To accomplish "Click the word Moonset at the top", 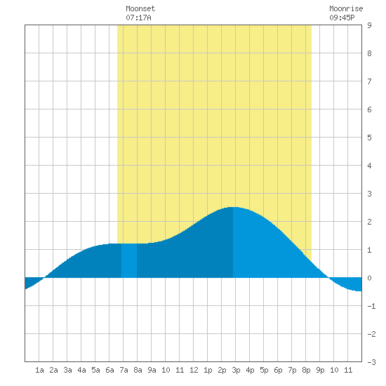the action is (x=140, y=8).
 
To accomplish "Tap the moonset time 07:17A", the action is (x=138, y=18).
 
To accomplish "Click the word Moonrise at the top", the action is (x=346, y=8).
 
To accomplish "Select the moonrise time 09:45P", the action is (x=342, y=18).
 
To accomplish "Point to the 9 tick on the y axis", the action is (x=369, y=25).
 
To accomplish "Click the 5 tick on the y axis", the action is (x=369, y=138).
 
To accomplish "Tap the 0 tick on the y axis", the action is (x=369, y=278).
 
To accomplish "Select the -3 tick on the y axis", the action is (x=371, y=362).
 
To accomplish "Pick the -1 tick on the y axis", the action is (x=371, y=306).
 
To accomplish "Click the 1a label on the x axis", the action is (x=39, y=370).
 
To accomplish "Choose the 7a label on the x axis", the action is (x=124, y=370).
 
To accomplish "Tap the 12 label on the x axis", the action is (x=194, y=370).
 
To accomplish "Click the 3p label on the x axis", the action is (x=236, y=370).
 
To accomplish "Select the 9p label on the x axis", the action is (x=320, y=370).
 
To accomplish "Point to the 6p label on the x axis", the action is (x=278, y=370).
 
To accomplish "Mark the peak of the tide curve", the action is (x=232, y=207).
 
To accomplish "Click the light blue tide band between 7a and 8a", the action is (x=129, y=260).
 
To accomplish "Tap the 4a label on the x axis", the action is (x=81, y=370).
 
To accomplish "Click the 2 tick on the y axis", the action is (x=369, y=222).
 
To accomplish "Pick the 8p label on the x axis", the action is (x=306, y=370).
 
